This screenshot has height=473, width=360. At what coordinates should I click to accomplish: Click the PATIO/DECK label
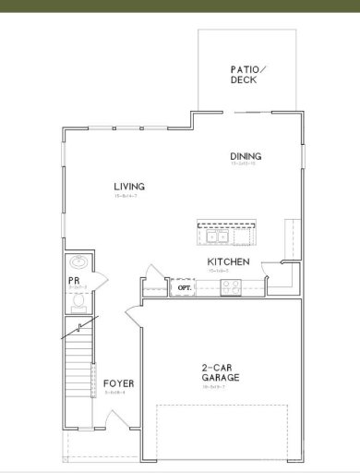[x=246, y=75]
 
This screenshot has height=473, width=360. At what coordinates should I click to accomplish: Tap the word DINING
[x=246, y=156]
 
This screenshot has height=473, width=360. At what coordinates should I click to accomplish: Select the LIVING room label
[x=128, y=187]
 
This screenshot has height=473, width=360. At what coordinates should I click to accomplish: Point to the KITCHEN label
[x=226, y=262]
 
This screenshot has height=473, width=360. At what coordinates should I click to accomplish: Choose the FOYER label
[x=119, y=382]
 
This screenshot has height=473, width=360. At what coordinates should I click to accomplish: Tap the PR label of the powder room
[x=74, y=282]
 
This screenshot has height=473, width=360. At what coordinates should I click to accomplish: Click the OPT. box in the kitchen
[x=182, y=288]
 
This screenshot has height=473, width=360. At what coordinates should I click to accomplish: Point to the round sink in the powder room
[x=78, y=261]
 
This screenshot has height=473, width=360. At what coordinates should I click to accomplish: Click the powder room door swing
[x=102, y=277]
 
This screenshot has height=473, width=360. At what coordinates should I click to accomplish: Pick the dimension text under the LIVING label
[x=128, y=197]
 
